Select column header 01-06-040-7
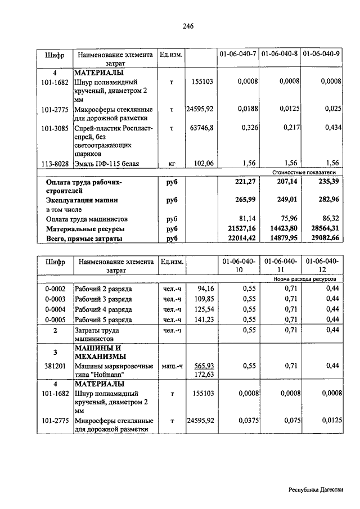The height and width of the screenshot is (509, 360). point(238,55)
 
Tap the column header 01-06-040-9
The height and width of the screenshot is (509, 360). point(322,55)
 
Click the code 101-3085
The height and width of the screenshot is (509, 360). point(55,128)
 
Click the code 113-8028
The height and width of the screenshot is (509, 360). point(55,164)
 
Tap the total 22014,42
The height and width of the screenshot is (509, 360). point(241,238)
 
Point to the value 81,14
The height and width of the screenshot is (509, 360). point(245,219)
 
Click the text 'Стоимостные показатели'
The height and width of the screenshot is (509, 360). point(304,172)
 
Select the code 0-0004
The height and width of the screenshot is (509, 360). point(55,309)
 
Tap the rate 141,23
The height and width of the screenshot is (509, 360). point(203,320)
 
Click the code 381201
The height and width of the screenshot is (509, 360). point(55,366)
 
